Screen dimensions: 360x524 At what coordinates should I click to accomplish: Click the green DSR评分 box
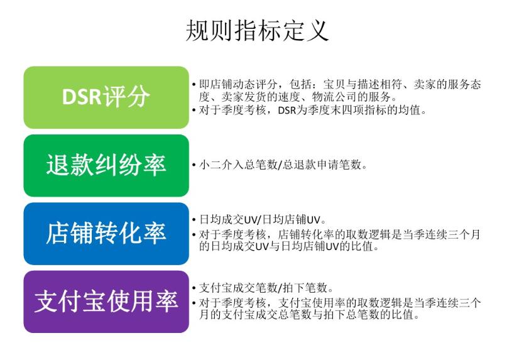pyautogui.click(x=106, y=97)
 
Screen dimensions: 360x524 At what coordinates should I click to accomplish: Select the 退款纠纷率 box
pyautogui.click(x=106, y=165)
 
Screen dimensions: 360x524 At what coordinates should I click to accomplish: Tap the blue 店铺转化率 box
pyautogui.click(x=106, y=233)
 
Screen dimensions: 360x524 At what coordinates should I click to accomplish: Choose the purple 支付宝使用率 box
pyautogui.click(x=106, y=302)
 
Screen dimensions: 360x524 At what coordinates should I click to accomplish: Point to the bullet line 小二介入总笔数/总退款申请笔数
pyautogui.click(x=283, y=166)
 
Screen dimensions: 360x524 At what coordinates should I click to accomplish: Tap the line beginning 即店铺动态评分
pyautogui.click(x=339, y=85)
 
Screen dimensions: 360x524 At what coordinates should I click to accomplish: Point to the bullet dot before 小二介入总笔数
pyautogui.click(x=194, y=166)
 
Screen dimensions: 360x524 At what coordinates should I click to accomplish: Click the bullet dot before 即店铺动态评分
pyautogui.click(x=194, y=85)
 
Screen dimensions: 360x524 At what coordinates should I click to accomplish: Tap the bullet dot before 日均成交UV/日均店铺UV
pyautogui.click(x=194, y=221)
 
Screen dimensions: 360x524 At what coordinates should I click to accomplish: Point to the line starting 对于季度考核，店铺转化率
pyautogui.click(x=339, y=234)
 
